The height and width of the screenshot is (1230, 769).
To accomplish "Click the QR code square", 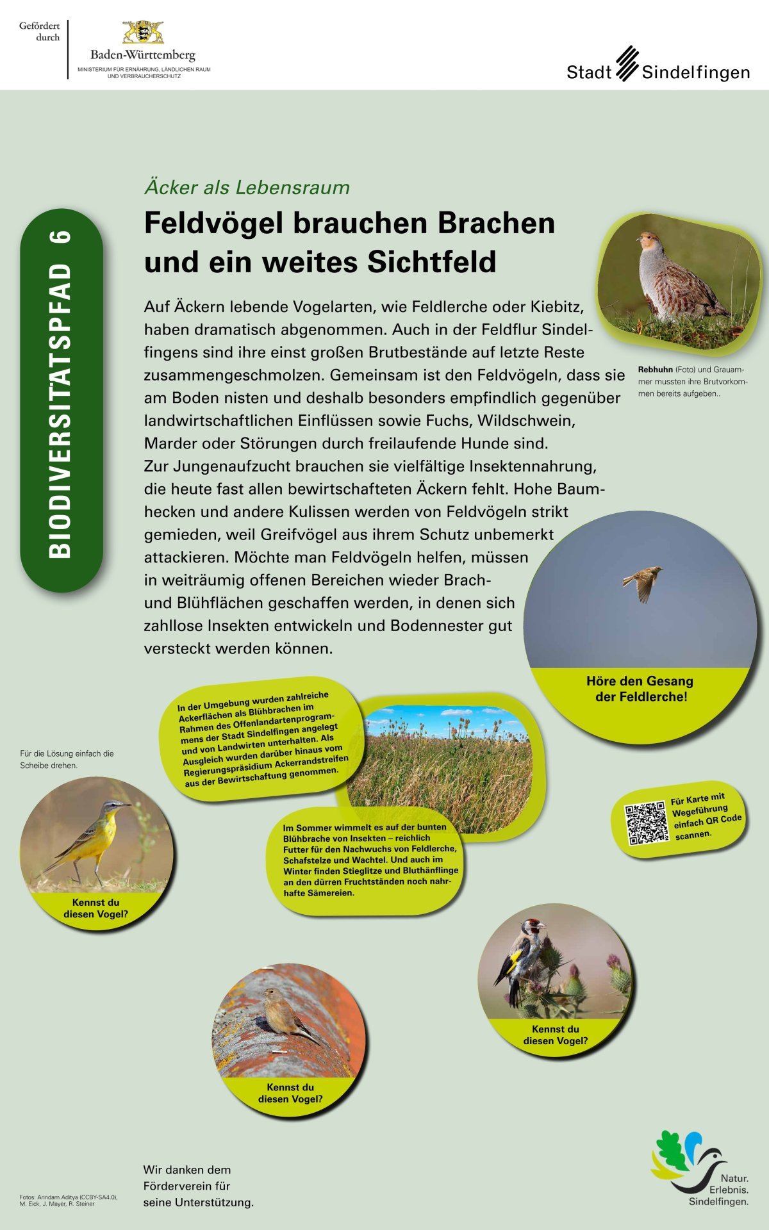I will [x=647, y=823].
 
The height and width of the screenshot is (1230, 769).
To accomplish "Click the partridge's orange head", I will [x=649, y=242].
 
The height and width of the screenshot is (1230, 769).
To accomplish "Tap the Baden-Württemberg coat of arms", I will [x=143, y=32].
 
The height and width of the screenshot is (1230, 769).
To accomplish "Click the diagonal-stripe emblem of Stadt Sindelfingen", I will [x=628, y=63].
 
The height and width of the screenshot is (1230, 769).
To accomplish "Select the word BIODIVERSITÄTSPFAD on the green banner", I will [x=61, y=410].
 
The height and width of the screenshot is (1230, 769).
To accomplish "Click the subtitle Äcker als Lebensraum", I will [x=247, y=188].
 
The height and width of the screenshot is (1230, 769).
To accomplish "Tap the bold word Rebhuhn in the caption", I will [x=655, y=370].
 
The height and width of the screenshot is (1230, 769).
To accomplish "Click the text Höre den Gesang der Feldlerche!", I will [x=640, y=689].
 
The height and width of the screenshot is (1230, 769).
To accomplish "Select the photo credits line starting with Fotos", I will [x=68, y=1201].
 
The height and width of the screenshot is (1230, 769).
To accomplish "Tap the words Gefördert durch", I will [x=40, y=31].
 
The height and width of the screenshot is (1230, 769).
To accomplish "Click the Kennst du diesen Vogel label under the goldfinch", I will [x=555, y=1035].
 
